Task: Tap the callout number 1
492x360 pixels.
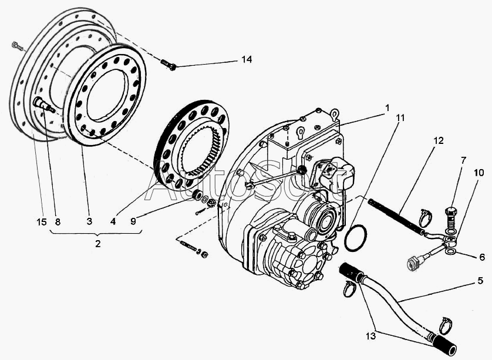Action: click(x=387, y=108)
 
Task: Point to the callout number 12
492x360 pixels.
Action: click(x=439, y=141)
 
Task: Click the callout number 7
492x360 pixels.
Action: click(x=463, y=160)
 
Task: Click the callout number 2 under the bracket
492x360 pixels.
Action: click(x=98, y=243)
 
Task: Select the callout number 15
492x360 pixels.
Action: click(x=41, y=221)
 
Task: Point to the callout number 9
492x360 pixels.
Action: click(x=133, y=221)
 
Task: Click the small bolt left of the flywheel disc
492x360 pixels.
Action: click(x=16, y=45)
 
